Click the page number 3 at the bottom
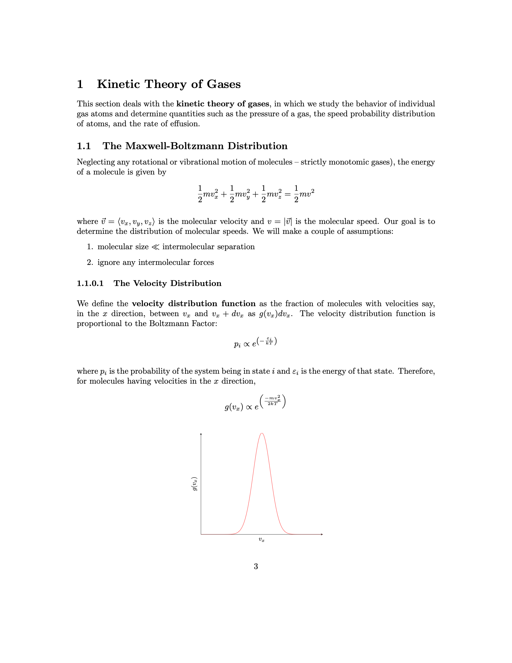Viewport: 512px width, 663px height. (x=256, y=566)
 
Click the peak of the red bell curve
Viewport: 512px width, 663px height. (x=262, y=433)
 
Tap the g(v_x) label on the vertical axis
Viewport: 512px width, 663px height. (x=194, y=484)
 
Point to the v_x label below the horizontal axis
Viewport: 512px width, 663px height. (x=261, y=539)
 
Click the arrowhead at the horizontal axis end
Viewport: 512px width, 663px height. (x=322, y=534)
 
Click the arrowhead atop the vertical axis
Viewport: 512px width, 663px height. (x=201, y=434)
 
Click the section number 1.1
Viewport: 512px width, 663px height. (x=84, y=146)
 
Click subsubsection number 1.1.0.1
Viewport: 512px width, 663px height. (x=90, y=283)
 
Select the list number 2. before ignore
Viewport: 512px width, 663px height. (x=90, y=262)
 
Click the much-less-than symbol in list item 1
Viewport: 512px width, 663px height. (x=155, y=247)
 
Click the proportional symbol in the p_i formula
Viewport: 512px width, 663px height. (x=247, y=344)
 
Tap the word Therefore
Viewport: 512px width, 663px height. (x=416, y=371)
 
